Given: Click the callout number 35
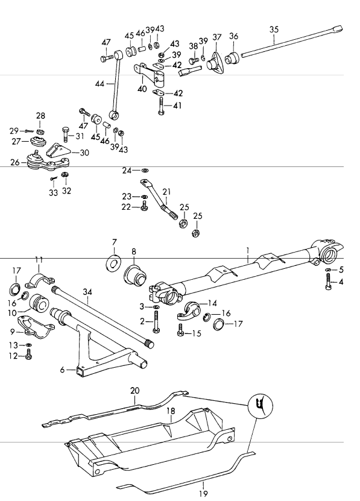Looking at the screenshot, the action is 274,30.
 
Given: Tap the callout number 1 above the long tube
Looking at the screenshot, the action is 247,251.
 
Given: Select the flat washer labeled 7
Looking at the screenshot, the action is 113,263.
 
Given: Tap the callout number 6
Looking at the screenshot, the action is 62,370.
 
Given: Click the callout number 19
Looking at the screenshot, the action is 203,493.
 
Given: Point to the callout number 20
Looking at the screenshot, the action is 134,391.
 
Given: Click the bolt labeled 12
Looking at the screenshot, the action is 28,354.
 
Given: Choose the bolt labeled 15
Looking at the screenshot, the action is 180,330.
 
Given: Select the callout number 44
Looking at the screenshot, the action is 99,84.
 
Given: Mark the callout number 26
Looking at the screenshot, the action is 15,162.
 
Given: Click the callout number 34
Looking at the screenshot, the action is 87,292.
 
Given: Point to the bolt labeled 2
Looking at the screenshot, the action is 156,322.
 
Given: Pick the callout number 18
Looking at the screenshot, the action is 171,411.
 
